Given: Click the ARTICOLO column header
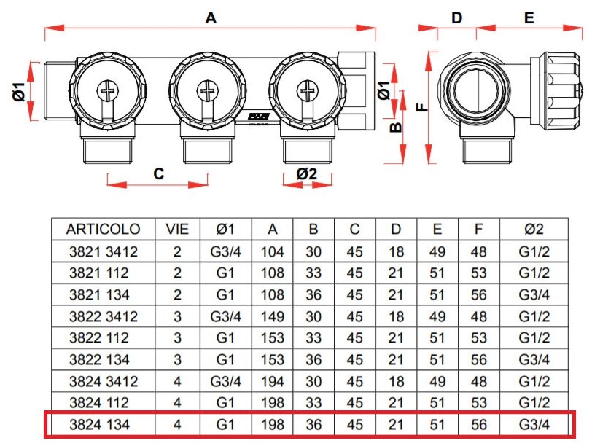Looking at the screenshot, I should (103, 229).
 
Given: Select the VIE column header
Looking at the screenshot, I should (177, 229).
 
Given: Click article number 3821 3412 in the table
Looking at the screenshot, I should (103, 252).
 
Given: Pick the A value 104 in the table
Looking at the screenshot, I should (273, 252).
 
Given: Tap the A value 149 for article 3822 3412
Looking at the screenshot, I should (273, 317).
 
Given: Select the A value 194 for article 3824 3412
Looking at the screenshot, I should (273, 381).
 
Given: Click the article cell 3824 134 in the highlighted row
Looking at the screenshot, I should (103, 424).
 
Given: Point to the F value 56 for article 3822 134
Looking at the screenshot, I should (478, 360).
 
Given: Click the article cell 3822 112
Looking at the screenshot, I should (103, 338).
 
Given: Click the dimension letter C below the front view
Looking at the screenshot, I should (158, 173).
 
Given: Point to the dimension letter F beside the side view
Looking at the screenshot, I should (421, 106).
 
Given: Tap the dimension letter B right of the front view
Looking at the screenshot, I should (394, 128).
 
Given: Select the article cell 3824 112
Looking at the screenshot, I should (103, 403).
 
